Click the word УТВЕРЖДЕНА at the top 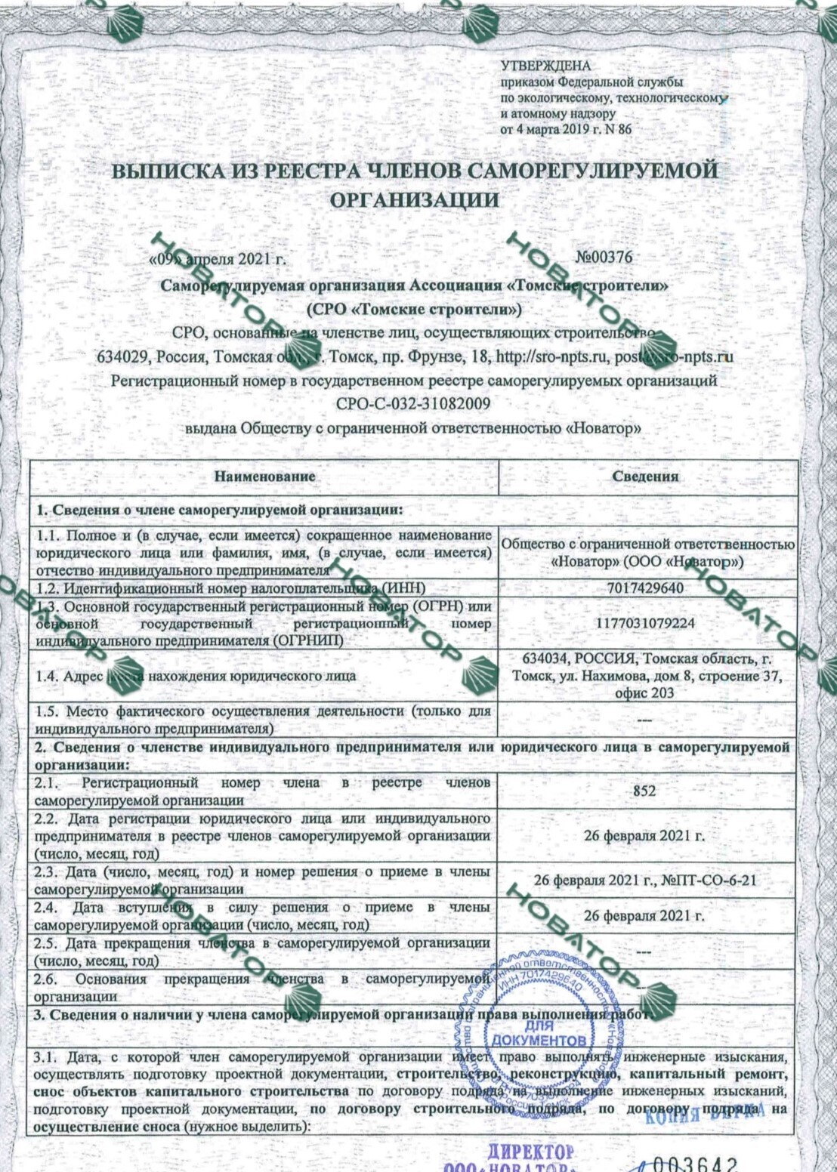click(545, 66)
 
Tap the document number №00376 click(604, 257)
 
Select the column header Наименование click(264, 477)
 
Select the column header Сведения click(645, 477)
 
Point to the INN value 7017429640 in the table click(645, 588)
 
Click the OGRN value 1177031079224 click(645, 624)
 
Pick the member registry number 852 click(644, 791)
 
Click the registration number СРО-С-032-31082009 click(413, 404)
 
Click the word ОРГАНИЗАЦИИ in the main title click(415, 200)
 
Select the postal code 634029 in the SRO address click(119, 356)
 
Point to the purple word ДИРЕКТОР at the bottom click(530, 1152)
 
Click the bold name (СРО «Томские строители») click(414, 309)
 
